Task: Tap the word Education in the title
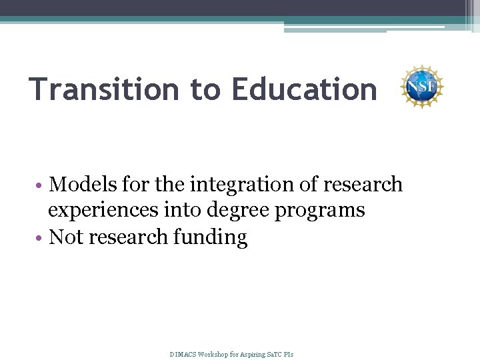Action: [x=304, y=89]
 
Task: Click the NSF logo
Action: [x=421, y=87]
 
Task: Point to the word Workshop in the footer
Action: [x=214, y=353]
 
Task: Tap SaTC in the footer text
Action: [x=276, y=353]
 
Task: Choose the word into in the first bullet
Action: [x=177, y=211]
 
